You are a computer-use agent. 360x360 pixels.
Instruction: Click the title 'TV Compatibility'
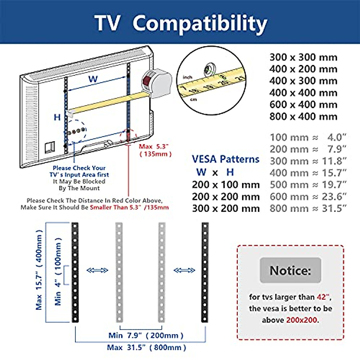181,23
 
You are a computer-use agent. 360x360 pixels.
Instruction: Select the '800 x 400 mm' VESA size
303,116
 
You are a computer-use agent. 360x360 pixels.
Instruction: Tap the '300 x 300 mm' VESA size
303,57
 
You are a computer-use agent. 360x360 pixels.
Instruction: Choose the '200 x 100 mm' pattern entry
226,185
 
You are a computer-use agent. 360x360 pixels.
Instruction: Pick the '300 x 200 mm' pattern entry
226,208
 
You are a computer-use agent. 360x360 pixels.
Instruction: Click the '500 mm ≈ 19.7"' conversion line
308,185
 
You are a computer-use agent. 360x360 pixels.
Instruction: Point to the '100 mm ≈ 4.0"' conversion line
308,137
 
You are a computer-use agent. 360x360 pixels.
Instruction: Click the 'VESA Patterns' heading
226,159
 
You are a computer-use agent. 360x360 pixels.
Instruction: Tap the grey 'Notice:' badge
290,270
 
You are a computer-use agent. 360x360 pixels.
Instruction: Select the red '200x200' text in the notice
301,320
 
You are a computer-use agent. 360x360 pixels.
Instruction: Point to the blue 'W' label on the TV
93,79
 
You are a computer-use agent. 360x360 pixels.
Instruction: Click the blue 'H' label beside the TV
57,117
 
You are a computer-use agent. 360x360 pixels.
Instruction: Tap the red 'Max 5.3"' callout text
154,147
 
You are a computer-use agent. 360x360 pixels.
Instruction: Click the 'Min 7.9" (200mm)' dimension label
146,335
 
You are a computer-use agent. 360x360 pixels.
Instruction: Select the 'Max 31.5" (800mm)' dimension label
146,348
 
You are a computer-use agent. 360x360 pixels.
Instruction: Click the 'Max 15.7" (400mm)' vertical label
39,270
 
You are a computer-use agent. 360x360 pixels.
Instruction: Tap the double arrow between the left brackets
97,270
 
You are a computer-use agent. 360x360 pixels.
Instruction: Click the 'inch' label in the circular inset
187,77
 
